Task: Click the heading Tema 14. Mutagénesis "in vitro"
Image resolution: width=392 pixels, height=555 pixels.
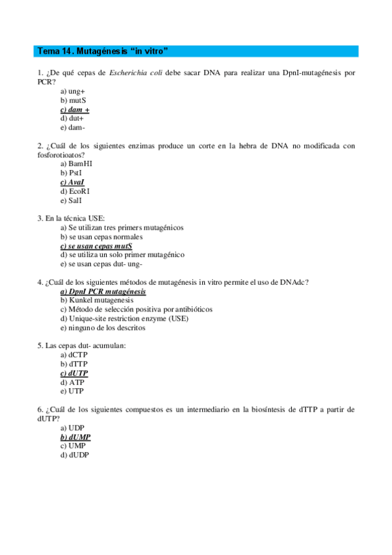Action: [x=103, y=50]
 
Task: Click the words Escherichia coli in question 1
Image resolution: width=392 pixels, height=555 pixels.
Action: [x=135, y=73]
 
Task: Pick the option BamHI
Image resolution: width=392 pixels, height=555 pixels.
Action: [x=76, y=164]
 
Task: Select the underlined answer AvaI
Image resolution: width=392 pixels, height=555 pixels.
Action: [x=72, y=182]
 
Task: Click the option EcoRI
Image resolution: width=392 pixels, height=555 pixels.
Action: [x=75, y=191]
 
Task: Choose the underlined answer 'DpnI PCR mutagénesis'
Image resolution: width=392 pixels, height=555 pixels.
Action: [x=103, y=291]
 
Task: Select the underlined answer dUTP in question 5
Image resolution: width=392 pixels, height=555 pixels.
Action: [x=74, y=372]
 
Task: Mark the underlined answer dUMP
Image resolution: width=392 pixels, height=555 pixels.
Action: [x=75, y=436]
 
